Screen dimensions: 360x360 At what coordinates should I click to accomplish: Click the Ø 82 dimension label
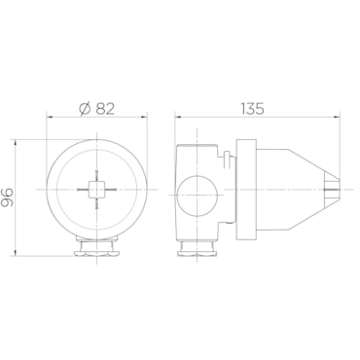tap(96, 109)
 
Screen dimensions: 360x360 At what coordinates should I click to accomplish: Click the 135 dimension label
tap(252, 109)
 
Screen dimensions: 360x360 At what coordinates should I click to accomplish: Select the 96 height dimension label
tap(7, 198)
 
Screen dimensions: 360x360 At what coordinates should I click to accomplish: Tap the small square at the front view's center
tap(96, 190)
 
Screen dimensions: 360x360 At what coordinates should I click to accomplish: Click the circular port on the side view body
tap(197, 196)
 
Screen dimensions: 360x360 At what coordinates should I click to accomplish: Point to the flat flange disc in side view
tap(247, 190)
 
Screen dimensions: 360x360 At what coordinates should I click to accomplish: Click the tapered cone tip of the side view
tap(332, 190)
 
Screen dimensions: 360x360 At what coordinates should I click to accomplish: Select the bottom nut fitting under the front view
tap(96, 247)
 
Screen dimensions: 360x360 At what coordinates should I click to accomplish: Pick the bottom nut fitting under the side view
tap(197, 248)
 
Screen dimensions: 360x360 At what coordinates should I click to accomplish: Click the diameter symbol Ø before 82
tap(85, 109)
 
